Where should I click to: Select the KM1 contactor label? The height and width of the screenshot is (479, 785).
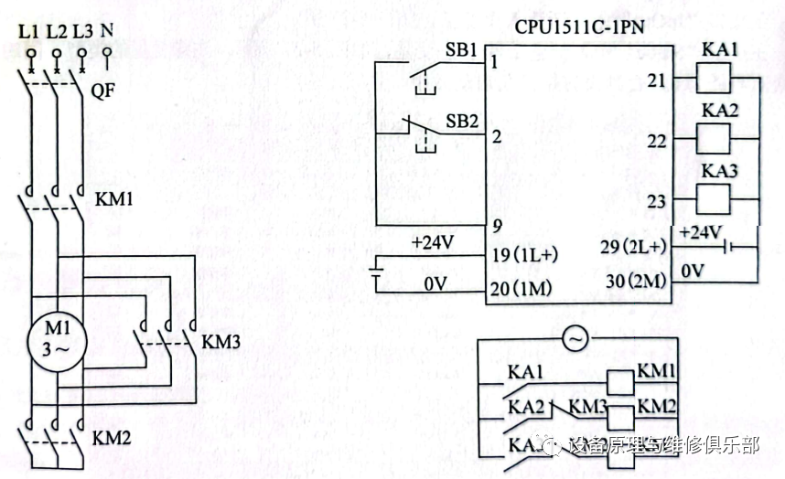[113, 198]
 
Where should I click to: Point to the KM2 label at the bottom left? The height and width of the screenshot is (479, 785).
[112, 438]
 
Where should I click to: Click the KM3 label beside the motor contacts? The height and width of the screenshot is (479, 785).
[220, 342]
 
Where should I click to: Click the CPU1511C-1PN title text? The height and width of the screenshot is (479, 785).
[579, 27]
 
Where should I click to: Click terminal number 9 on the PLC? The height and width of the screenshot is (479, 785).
[495, 223]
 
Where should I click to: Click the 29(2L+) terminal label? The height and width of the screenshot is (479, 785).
[637, 248]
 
